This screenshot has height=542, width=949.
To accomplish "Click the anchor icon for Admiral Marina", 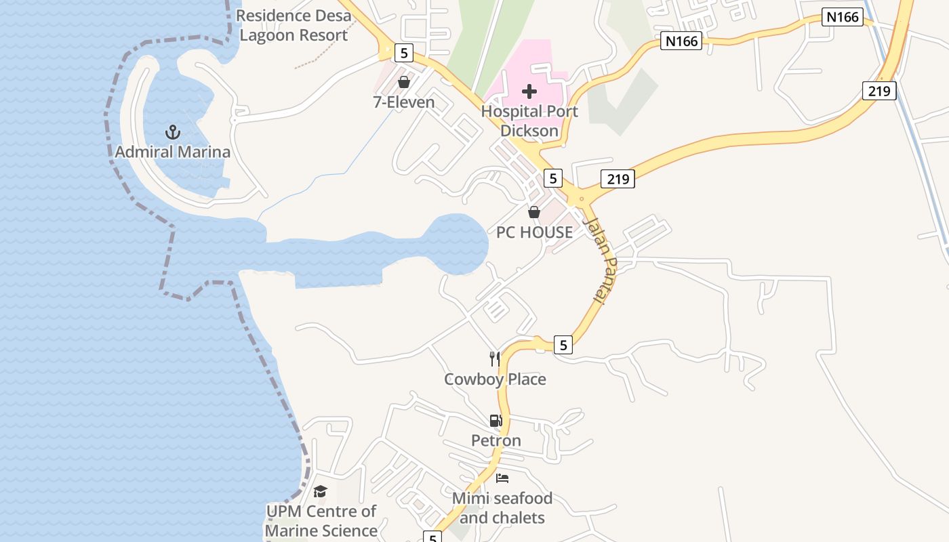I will [x=173, y=131].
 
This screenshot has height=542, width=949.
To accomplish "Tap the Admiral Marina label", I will [x=173, y=152].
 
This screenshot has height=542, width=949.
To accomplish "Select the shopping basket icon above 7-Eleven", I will [x=404, y=83].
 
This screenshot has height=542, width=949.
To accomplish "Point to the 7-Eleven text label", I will [x=404, y=102].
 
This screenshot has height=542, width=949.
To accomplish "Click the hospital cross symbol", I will [x=529, y=91].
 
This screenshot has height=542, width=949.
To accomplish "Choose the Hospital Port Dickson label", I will [x=529, y=121].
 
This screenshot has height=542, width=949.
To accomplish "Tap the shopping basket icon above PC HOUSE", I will [x=534, y=212].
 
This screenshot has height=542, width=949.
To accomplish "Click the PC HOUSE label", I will [x=534, y=232].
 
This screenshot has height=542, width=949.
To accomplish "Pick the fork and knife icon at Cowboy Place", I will [x=495, y=359].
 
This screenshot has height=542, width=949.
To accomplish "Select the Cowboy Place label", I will [x=495, y=379].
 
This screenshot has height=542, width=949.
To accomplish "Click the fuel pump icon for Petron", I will [x=496, y=421].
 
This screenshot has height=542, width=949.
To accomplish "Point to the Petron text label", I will [x=496, y=441].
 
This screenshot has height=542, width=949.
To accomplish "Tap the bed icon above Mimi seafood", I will [x=502, y=478].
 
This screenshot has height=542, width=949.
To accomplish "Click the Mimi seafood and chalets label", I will [x=502, y=508].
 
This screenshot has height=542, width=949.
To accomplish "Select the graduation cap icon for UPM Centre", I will [x=321, y=491].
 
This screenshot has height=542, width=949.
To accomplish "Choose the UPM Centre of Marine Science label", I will [x=321, y=521].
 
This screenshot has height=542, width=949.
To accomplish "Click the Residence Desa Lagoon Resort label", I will [x=294, y=25].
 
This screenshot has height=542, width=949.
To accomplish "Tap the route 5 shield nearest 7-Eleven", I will [x=404, y=52].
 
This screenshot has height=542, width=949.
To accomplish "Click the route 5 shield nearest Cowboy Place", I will [x=563, y=346].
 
